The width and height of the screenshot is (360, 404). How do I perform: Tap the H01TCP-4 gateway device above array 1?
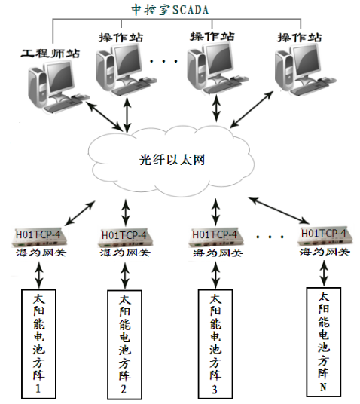(x=40, y=237)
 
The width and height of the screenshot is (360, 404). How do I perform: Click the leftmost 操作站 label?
(x=121, y=36)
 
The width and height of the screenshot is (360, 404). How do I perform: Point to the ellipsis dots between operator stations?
(x=163, y=59)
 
